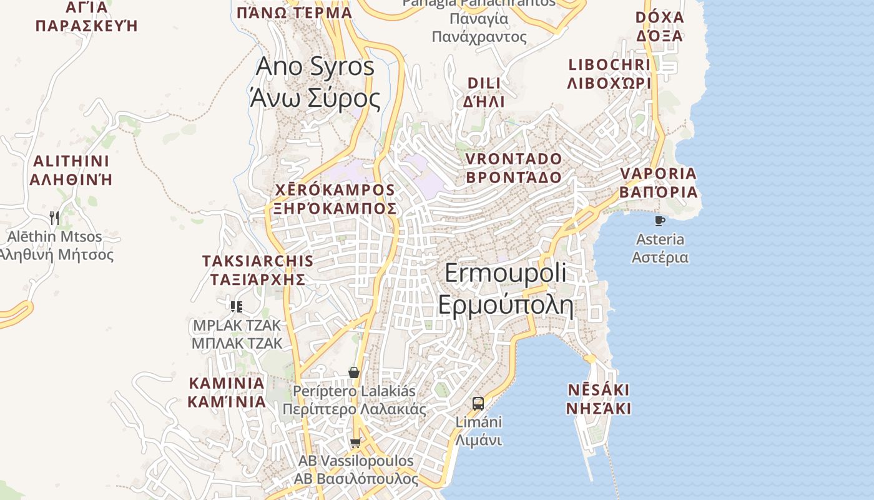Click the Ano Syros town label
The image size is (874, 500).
315,82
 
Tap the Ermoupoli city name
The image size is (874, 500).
506,289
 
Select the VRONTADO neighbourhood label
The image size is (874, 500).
514,167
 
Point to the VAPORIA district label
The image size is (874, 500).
658,182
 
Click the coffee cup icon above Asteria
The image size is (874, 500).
659,221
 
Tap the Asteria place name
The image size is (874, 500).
660,248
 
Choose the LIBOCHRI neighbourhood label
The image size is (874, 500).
609,74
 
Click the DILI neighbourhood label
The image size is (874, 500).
484,92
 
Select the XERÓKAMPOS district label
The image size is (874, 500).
335,199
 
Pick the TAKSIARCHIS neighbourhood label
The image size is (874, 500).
258,269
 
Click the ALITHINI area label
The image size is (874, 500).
71,170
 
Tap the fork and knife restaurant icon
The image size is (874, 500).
54,217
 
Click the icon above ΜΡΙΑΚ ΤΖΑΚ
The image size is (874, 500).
236,306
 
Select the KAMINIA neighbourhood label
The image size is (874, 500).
227,392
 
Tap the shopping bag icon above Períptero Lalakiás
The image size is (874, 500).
354,372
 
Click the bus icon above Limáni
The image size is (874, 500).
478,403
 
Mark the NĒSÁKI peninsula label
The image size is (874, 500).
598,399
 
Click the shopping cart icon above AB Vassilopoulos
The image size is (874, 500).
355,442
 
